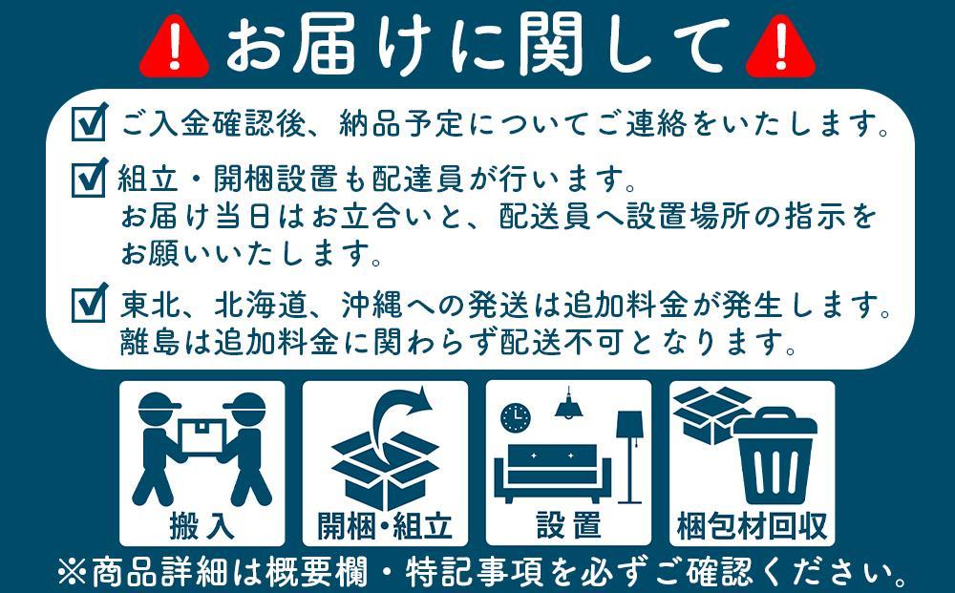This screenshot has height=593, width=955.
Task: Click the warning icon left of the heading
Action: point(174,48)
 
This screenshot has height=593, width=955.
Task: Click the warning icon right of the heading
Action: point(780,48)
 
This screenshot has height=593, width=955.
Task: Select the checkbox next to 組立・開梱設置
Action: point(89,178)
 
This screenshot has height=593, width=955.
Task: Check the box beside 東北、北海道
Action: point(89,305)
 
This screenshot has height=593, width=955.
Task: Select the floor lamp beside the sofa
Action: point(630,454)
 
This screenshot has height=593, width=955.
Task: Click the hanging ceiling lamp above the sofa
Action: point(570,406)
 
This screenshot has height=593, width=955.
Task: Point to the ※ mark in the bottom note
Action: point(73,573)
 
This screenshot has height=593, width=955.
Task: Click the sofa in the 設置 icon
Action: point(554,468)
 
